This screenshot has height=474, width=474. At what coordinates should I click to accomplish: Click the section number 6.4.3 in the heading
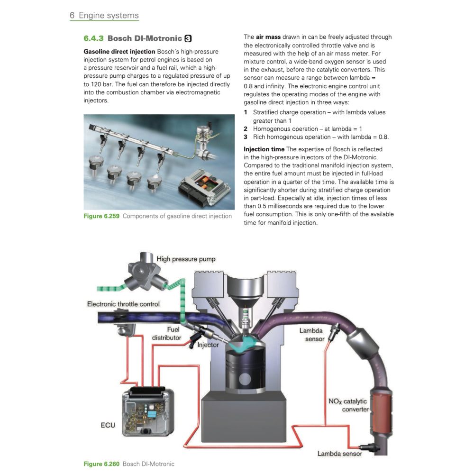93,38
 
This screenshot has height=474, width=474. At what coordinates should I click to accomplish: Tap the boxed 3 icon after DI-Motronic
188,38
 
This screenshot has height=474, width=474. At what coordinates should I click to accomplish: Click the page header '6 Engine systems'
104,16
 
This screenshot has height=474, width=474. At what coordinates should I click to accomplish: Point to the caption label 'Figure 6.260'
101,464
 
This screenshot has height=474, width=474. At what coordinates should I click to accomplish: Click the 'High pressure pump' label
186,259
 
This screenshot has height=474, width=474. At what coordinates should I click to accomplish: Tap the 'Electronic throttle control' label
123,304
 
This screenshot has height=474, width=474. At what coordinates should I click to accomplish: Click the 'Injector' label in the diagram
208,345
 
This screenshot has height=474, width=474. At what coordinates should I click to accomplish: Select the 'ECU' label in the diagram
108,425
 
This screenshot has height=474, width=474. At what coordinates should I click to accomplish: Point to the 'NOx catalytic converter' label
348,405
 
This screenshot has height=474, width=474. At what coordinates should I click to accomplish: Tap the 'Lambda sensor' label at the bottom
339,454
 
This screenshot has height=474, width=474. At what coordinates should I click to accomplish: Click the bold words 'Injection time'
264,149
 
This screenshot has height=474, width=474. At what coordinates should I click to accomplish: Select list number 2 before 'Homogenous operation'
246,129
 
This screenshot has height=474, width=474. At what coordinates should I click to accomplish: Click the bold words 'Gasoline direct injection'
119,51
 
